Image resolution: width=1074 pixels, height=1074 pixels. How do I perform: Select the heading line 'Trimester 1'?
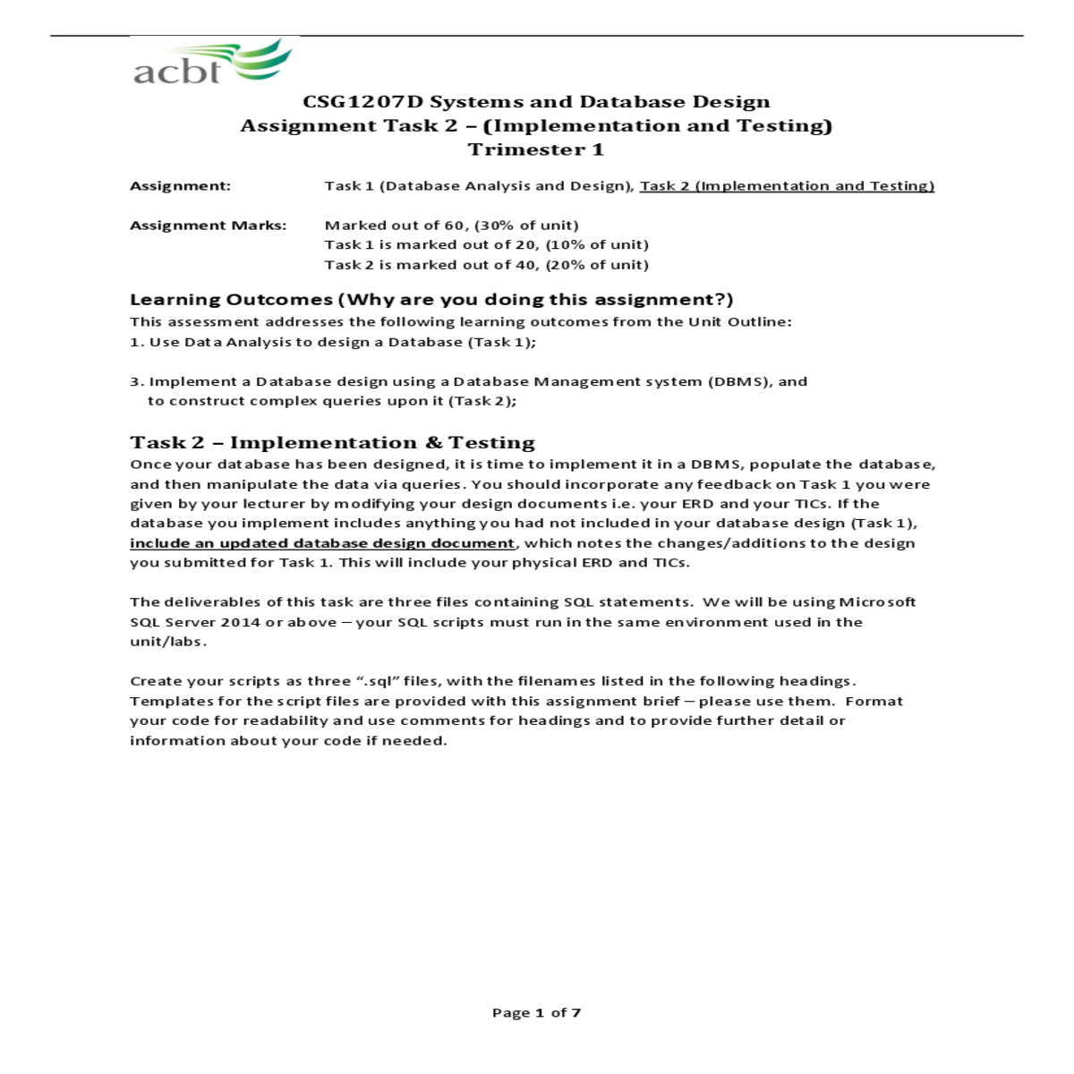[535, 149]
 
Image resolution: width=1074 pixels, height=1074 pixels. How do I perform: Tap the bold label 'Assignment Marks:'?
[208, 226]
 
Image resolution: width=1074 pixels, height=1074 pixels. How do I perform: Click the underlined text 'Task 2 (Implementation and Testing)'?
[787, 186]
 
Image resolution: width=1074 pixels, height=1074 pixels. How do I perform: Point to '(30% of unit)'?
[526, 226]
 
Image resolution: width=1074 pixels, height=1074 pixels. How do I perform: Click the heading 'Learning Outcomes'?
[231, 300]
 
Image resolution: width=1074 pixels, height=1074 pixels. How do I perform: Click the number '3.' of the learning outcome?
[137, 381]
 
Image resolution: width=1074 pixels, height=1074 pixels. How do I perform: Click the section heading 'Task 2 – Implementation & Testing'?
[332, 443]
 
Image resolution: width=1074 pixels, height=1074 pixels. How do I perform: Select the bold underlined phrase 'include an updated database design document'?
[322, 543]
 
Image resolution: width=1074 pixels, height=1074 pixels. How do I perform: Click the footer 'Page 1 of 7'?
[536, 1012]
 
